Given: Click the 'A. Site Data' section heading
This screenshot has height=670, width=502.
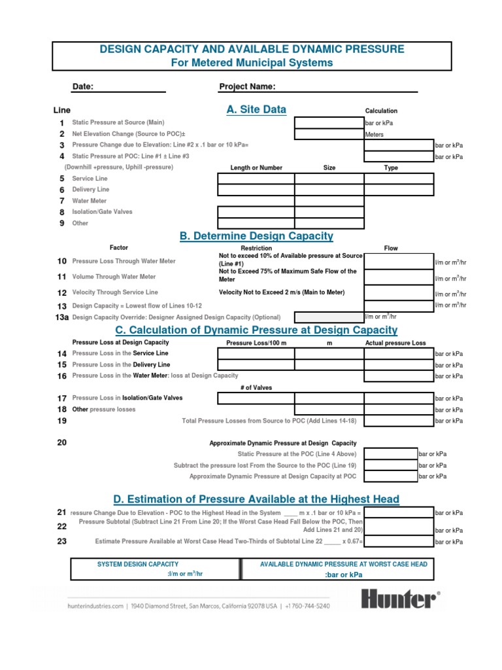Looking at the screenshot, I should click(x=256, y=110).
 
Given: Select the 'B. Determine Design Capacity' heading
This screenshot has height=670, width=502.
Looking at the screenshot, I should click(x=256, y=236).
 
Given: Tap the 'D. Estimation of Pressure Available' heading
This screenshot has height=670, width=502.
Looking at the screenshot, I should click(x=256, y=499).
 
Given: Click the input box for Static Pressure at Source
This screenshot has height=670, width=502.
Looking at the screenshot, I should click(x=329, y=123).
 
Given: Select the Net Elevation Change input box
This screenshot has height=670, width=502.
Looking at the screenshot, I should click(x=329, y=134).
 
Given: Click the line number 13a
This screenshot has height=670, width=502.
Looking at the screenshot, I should click(x=62, y=317).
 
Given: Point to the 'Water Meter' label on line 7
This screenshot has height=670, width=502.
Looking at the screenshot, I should click(x=90, y=201).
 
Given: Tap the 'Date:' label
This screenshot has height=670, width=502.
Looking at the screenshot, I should click(x=83, y=87).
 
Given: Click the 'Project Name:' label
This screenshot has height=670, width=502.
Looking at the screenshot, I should click(x=247, y=87).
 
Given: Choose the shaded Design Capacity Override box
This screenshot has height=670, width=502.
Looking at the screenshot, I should click(x=329, y=317).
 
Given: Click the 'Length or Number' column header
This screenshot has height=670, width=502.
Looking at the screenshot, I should click(x=256, y=167).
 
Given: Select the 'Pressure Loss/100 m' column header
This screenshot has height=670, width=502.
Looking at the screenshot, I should click(x=256, y=343).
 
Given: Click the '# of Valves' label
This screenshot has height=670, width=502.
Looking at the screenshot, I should click(x=256, y=387).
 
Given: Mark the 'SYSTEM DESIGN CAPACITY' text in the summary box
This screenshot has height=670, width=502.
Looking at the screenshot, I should click(x=137, y=564).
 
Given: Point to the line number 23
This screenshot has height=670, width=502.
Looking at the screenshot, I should click(x=62, y=541).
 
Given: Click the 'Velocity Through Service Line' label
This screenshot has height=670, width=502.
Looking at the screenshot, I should click(x=115, y=292).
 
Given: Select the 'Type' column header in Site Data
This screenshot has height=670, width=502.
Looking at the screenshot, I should click(x=391, y=167).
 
